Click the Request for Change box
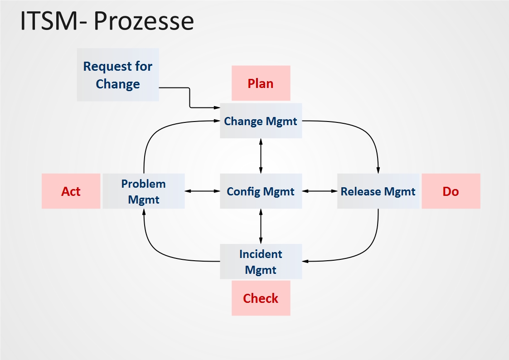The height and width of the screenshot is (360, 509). (118, 75)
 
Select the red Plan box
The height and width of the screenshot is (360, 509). (261, 83)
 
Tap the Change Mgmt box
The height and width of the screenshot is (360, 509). (261, 121)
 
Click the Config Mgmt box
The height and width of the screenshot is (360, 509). (261, 191)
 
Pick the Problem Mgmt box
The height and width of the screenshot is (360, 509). (144, 191)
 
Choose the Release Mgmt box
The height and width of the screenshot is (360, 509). (378, 191)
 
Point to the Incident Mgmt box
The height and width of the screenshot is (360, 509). (261, 262)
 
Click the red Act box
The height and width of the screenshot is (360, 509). (71, 191)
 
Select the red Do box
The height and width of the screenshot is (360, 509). (451, 191)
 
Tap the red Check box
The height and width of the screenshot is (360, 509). (261, 298)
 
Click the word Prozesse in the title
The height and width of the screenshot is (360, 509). (144, 21)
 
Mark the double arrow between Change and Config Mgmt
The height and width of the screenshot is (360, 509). (261, 156)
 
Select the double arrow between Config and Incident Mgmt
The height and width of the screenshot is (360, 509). (261, 226)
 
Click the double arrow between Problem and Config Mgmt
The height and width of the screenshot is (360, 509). (202, 191)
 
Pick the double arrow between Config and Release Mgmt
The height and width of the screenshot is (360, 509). (320, 191)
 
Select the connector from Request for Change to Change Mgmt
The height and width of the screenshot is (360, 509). (189, 97)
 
